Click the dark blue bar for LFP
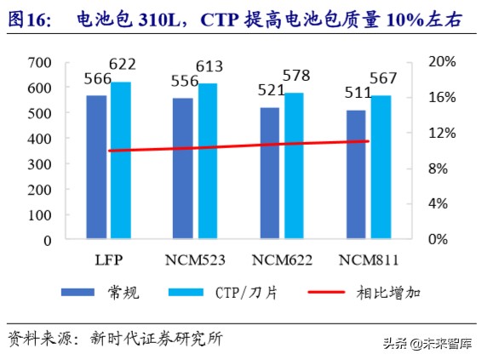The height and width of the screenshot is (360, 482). pyautogui.click(x=96, y=167)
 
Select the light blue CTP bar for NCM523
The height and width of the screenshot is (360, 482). pyautogui.click(x=207, y=161)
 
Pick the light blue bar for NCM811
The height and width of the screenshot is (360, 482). pyautogui.click(x=381, y=167)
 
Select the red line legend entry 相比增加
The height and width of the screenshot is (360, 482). pyautogui.click(x=387, y=293)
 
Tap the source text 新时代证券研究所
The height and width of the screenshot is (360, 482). pyautogui.click(x=161, y=339)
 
